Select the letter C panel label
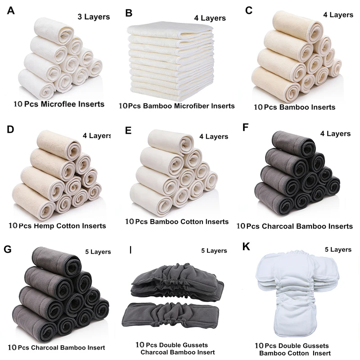click(248, 10)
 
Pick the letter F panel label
click(245, 127)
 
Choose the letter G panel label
click(8, 249)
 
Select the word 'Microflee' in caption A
click(57, 104)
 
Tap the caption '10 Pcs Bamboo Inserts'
click(294, 107)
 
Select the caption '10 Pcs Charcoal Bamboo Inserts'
click(294, 226)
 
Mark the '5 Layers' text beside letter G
click(97, 252)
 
